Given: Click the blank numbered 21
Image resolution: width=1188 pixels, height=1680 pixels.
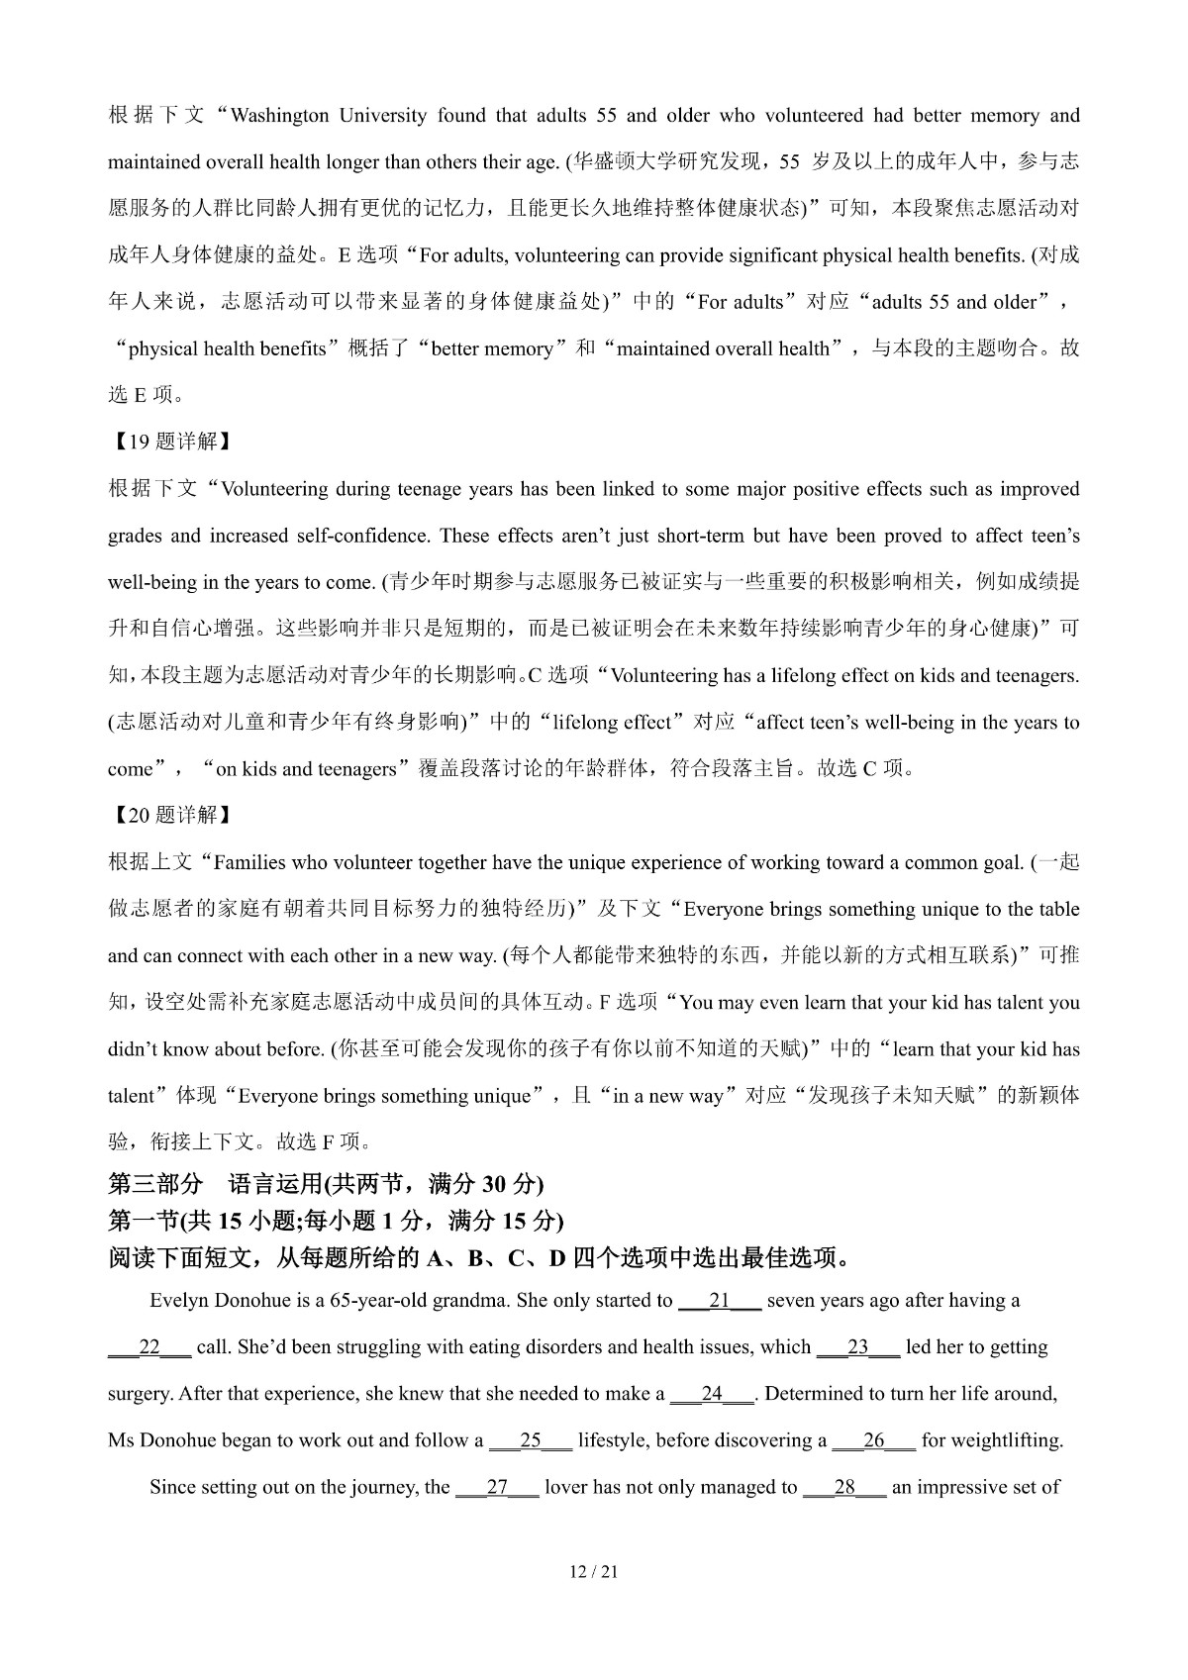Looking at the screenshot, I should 720,1301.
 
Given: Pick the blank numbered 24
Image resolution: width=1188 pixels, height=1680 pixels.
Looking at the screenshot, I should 713,1394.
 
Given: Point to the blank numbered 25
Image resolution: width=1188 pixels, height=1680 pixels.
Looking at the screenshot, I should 531,1440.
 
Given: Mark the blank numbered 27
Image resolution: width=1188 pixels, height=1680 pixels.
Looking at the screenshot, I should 497,1487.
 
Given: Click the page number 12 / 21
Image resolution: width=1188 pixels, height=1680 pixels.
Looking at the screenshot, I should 594,1571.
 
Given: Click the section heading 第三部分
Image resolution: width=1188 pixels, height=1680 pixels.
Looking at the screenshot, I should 155,1184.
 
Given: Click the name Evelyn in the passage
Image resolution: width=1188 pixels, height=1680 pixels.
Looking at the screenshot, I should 178,1301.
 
